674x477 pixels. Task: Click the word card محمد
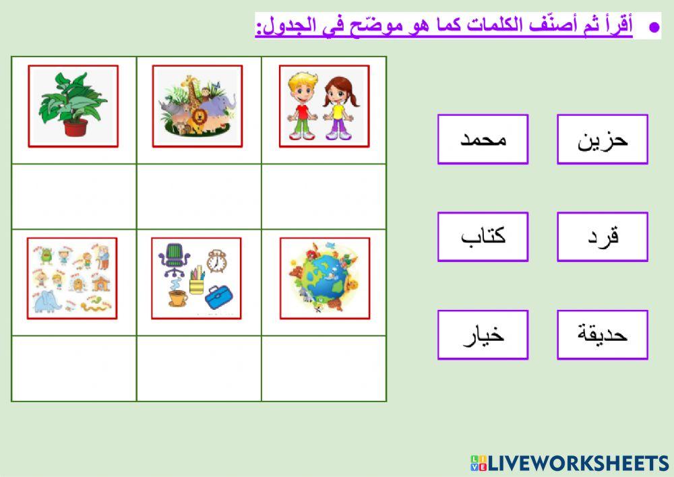483,139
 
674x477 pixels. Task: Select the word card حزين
602,139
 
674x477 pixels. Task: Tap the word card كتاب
483,236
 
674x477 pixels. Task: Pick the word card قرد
602,236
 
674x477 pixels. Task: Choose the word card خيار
483,334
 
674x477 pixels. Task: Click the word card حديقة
602,334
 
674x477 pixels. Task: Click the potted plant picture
73,106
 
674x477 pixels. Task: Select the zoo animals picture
197,106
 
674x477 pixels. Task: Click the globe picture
324,278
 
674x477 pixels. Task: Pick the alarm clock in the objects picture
216,261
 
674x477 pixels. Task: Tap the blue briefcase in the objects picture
219,296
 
